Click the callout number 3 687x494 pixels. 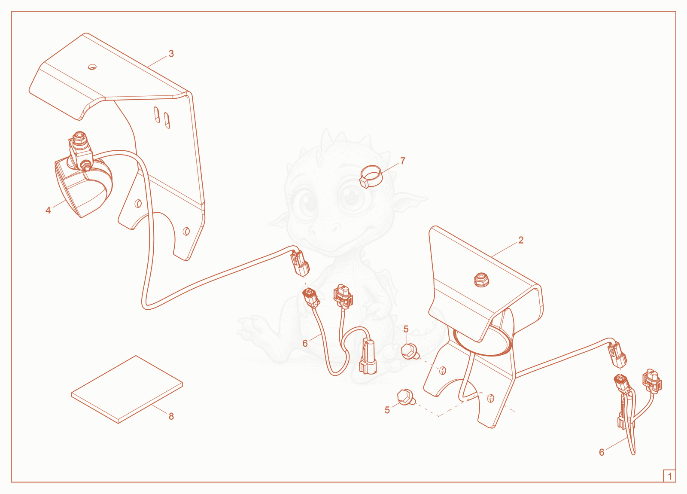point(171,54)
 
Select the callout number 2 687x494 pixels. point(521,240)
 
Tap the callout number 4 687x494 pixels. point(48,210)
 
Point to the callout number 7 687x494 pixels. point(403,161)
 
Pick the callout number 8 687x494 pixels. point(171,416)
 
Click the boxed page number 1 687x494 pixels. point(669,476)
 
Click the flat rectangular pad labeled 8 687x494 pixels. point(127,389)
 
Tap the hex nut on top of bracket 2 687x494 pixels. point(481,280)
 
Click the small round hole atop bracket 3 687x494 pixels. point(92,67)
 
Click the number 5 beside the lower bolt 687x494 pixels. point(387,410)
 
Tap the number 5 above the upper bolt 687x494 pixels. point(406,329)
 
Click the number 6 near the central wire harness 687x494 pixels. point(305,343)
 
